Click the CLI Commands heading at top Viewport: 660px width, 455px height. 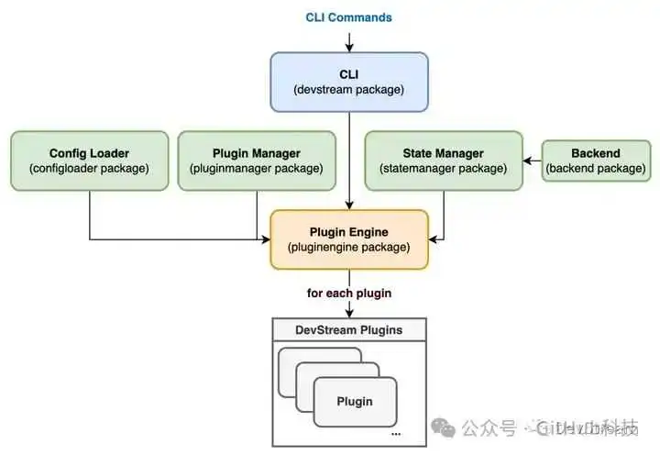348,17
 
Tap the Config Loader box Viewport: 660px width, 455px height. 89,161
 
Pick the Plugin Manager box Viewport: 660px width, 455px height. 257,161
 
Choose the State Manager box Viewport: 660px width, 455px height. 443,161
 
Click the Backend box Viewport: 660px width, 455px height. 595,161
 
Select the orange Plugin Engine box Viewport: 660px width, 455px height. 348,239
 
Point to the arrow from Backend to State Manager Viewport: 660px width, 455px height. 532,161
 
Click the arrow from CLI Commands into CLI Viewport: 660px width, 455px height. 348,41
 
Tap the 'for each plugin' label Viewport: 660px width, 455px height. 348,294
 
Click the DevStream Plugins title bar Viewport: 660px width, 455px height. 348,329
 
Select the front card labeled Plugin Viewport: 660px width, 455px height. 355,401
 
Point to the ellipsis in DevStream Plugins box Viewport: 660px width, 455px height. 394,431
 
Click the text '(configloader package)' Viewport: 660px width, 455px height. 89,169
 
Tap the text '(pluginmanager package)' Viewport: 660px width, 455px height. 257,169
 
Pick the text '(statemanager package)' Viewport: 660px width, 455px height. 443,169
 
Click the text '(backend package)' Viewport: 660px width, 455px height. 595,169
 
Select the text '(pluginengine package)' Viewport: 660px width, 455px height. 348,248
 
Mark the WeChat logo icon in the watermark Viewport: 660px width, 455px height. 443,427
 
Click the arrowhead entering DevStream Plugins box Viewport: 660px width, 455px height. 348,314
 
